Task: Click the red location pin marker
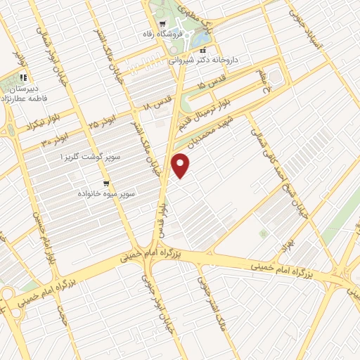(x=181, y=165)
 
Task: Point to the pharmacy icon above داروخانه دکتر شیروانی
(x=202, y=51)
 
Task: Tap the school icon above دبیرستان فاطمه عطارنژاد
(x=23, y=78)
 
